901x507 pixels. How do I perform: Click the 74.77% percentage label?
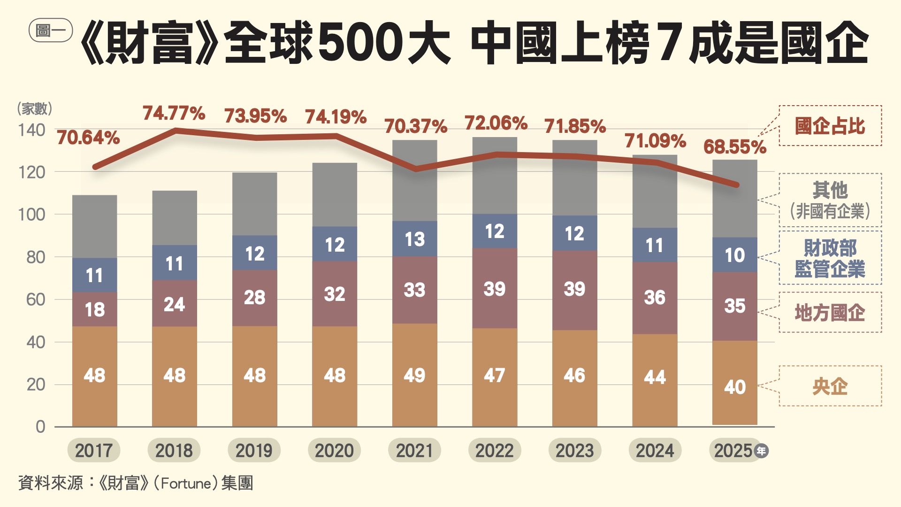click(x=174, y=113)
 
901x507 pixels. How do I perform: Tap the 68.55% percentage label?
click(x=734, y=147)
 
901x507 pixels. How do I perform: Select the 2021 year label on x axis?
click(x=414, y=451)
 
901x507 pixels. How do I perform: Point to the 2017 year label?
click(x=94, y=451)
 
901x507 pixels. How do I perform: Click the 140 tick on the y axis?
click(x=32, y=130)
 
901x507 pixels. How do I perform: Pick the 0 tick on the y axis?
click(x=41, y=427)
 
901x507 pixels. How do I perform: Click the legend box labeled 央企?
click(x=830, y=386)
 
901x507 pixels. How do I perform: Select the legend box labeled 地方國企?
click(x=830, y=312)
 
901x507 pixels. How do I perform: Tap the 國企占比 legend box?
click(x=830, y=126)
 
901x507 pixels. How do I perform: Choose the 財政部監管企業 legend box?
click(x=830, y=258)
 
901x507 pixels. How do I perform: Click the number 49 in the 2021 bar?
click(x=414, y=375)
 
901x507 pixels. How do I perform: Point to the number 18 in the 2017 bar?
click(x=94, y=309)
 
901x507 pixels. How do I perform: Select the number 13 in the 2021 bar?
click(x=415, y=239)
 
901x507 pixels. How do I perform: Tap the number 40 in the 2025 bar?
click(x=735, y=387)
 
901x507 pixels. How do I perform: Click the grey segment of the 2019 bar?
click(x=254, y=204)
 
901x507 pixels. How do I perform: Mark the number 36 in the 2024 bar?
click(x=655, y=297)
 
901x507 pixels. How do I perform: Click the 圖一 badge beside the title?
click(x=51, y=31)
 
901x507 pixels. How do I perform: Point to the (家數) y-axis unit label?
click(x=35, y=109)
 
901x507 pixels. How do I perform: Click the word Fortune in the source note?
click(x=186, y=483)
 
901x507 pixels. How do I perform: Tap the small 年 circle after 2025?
click(x=761, y=451)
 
